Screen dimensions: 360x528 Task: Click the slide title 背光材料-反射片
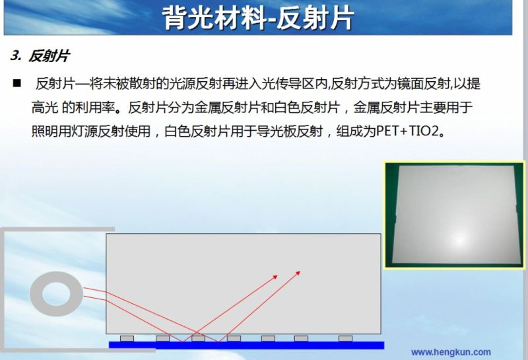[258, 17]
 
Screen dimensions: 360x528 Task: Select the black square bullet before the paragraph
[16, 84]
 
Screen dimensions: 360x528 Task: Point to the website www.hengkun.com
[451, 352]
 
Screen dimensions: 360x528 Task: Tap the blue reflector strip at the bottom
[246, 345]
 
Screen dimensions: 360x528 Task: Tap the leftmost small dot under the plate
[127, 338]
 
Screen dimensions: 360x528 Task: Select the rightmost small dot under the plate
[345, 338]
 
